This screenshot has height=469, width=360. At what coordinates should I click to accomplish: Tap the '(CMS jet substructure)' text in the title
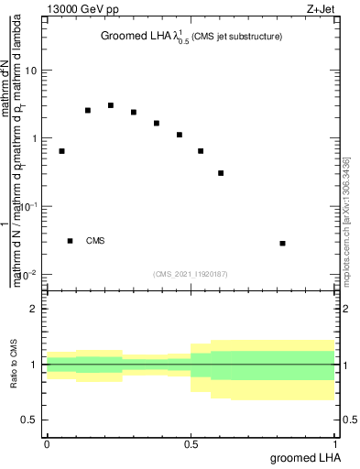coord(236,37)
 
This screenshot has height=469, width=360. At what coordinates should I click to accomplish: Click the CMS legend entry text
coord(95,241)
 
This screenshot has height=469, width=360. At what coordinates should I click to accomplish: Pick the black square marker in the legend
coord(71,241)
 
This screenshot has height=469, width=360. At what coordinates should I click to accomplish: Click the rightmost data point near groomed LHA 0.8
coord(282,243)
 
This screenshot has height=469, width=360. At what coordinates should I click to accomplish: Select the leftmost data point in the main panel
coord(61,151)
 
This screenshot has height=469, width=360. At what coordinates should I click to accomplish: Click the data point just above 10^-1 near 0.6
coord(221,172)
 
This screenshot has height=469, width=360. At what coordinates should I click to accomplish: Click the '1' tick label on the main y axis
coord(34,139)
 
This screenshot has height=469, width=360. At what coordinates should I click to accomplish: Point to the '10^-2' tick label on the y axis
coord(29,275)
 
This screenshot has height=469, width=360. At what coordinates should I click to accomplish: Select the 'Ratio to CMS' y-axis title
coord(15,365)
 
